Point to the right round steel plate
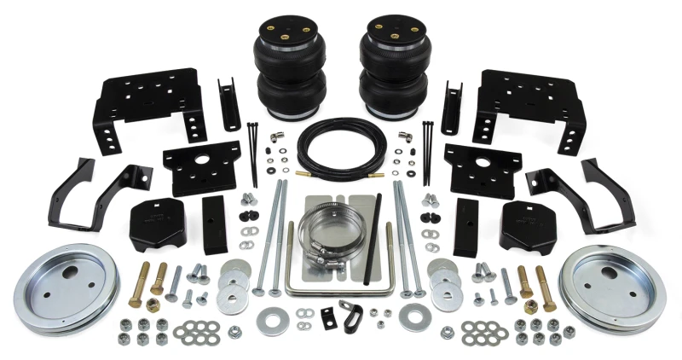coord(611,285)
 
